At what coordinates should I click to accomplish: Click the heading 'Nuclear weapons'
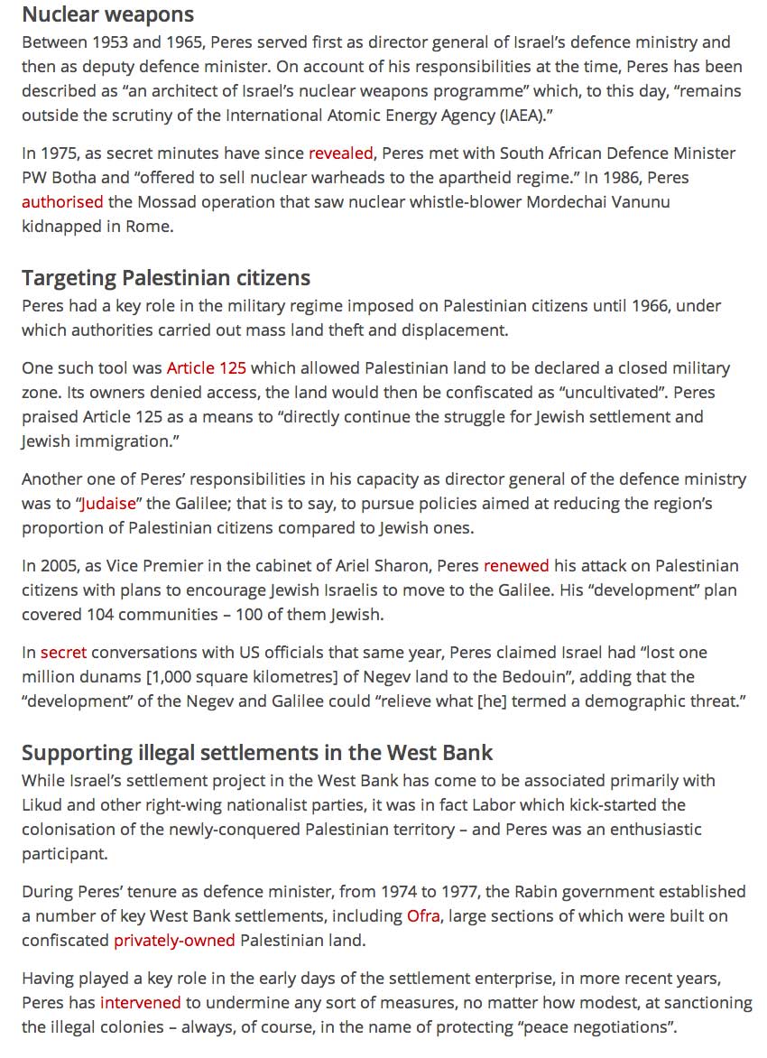107,14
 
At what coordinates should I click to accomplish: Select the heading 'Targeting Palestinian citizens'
166,277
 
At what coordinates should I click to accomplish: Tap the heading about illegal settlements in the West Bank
257,752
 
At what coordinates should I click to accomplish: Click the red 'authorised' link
62,202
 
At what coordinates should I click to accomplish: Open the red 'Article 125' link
207,368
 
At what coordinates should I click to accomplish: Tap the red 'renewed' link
516,566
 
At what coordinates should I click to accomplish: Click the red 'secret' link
64,653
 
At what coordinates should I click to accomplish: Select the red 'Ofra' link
423,916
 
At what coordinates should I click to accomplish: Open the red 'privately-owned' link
174,941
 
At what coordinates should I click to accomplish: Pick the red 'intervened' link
141,1003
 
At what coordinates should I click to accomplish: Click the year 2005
59,566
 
